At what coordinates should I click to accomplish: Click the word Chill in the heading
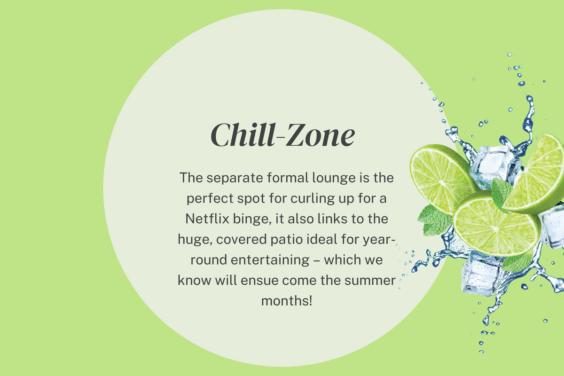(x=242, y=135)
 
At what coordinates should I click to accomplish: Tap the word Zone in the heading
(x=320, y=135)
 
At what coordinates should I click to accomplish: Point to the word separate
(x=235, y=178)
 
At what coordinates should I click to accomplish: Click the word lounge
(x=334, y=178)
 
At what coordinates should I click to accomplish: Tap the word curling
(x=313, y=199)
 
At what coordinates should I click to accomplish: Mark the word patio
(x=287, y=240)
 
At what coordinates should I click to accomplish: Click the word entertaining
(x=270, y=260)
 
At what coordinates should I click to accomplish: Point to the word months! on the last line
(x=287, y=301)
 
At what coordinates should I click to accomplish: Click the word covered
(x=242, y=240)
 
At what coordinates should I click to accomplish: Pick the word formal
(x=288, y=178)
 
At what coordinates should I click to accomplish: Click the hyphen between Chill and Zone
(x=280, y=138)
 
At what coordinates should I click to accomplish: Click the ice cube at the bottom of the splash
(x=481, y=274)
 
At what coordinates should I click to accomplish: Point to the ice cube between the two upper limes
(x=495, y=166)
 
